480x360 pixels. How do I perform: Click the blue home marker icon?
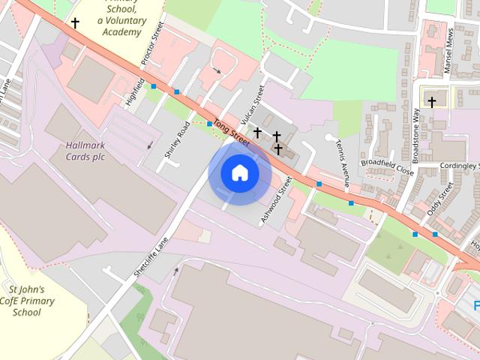pos(239,173)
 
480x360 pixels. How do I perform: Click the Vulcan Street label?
pos(253,104)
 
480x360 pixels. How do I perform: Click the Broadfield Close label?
pos(387,166)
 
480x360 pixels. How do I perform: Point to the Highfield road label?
pos(134,88)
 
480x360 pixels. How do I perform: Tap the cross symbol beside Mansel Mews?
pos(432,101)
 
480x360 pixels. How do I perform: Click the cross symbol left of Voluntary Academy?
pos(75,23)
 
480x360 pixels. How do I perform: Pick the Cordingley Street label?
pos(458,166)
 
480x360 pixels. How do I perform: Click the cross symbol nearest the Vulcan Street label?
pos(257,133)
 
